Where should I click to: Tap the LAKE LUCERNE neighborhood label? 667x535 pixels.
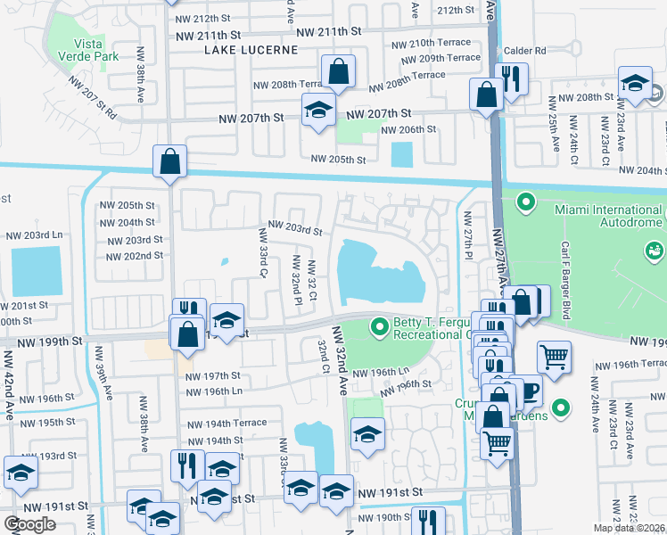(251, 50)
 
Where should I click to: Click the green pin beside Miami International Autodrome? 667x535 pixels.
(525, 203)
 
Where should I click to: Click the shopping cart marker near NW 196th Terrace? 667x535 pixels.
(554, 358)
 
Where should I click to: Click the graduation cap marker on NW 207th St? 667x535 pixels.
(317, 111)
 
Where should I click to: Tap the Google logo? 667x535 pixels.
(30, 524)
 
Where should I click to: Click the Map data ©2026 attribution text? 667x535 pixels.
(630, 528)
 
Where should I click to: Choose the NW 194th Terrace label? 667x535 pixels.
(226, 423)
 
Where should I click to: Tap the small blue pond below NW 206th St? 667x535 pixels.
(402, 153)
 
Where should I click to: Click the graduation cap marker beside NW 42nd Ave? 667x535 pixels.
(21, 473)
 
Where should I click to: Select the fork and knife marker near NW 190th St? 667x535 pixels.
(429, 522)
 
